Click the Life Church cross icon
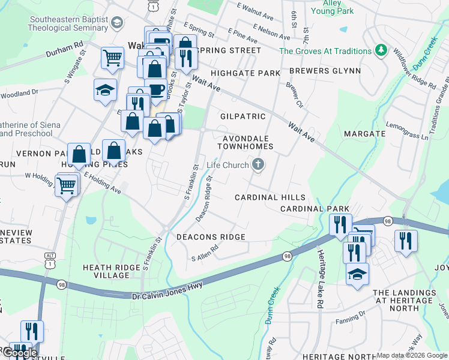tap(258, 164)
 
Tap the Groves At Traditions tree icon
tap(380, 50)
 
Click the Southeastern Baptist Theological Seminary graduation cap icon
tap(116, 23)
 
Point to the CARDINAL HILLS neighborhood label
tap(270, 197)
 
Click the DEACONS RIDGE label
tap(211, 237)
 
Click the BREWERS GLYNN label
tap(325, 71)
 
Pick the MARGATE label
tap(364, 133)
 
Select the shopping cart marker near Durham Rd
tap(112, 58)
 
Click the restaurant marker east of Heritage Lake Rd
tap(406, 241)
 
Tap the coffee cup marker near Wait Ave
tap(156, 90)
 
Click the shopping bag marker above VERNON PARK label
tap(79, 154)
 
